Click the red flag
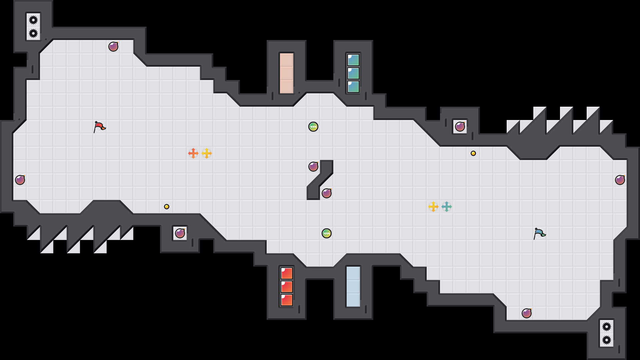[x=99, y=127]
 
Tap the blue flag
[x=539, y=233]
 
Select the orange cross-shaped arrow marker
[x=193, y=153]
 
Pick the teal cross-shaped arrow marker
[x=447, y=207]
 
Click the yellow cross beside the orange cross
[x=207, y=153]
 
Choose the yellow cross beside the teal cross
[x=433, y=207]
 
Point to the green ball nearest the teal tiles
[x=313, y=127]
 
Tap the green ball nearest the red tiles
[x=327, y=233]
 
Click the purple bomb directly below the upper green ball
[x=313, y=167]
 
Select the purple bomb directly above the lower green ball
[x=327, y=193]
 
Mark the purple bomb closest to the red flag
[x=113, y=47]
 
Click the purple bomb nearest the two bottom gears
[x=527, y=313]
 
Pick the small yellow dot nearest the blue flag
[x=473, y=153]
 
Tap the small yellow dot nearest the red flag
[x=167, y=207]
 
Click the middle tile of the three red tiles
[x=287, y=287]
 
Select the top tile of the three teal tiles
[x=353, y=60]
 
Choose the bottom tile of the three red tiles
[x=287, y=300]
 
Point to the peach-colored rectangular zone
[x=287, y=73]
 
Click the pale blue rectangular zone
[x=353, y=287]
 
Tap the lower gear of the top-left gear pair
[x=33, y=33]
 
